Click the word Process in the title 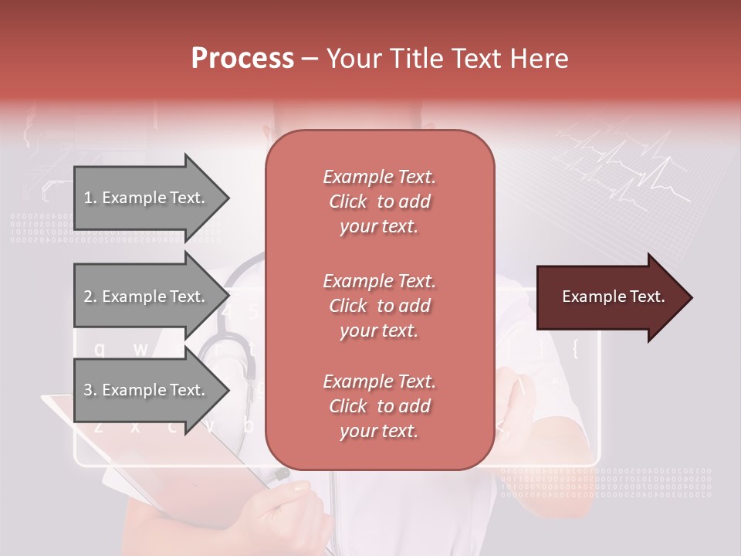pyautogui.click(x=242, y=59)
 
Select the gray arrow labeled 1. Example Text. pyautogui.click(x=147, y=198)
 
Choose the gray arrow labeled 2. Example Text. pyautogui.click(x=147, y=297)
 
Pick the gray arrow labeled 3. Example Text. pyautogui.click(x=147, y=390)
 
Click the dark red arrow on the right pyautogui.click(x=610, y=297)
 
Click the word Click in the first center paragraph pyautogui.click(x=348, y=202)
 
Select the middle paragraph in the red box pyautogui.click(x=379, y=306)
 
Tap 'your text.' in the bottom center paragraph pyautogui.click(x=379, y=431)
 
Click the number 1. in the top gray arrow pyautogui.click(x=90, y=198)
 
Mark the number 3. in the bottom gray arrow pyautogui.click(x=90, y=390)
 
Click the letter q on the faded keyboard pyautogui.click(x=99, y=349)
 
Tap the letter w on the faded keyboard pyautogui.click(x=140, y=349)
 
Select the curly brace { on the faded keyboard pyautogui.click(x=574, y=349)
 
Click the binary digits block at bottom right pyautogui.click(x=606, y=483)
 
